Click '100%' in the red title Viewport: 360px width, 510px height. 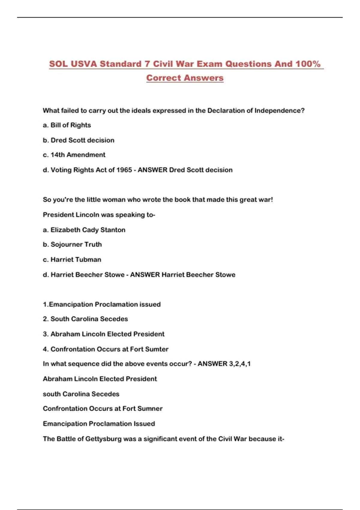(x=308, y=64)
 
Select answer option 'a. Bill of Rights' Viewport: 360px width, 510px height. (x=67, y=125)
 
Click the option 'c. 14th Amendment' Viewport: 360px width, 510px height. (x=74, y=155)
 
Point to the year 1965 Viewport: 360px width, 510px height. (x=124, y=170)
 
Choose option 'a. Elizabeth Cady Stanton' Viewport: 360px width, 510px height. (x=84, y=230)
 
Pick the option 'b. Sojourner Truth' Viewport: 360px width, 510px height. (x=72, y=244)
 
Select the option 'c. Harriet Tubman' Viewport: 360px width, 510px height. (x=72, y=259)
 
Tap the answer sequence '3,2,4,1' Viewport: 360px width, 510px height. (x=240, y=364)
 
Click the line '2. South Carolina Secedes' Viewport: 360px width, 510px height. (x=85, y=319)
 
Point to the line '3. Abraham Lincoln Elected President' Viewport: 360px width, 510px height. (x=103, y=334)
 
